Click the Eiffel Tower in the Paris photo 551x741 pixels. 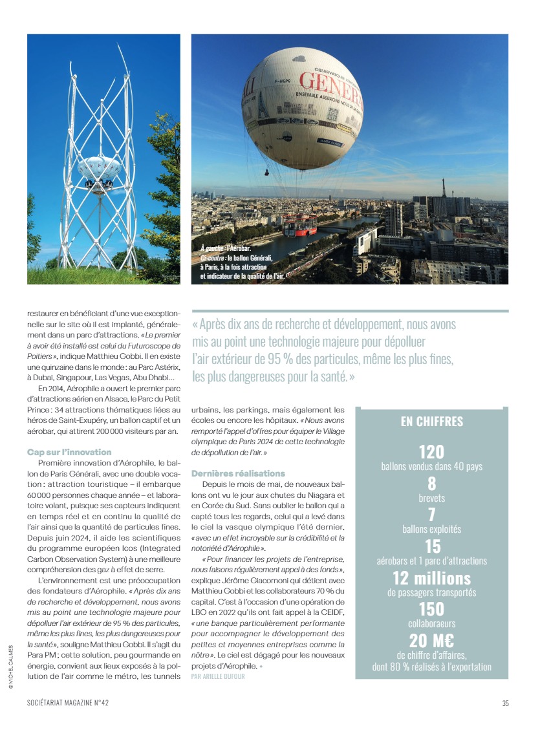click(444, 189)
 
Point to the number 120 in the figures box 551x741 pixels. click(431, 451)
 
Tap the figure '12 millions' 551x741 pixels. click(431, 577)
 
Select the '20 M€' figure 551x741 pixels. click(431, 640)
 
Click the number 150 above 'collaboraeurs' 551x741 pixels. click(431, 609)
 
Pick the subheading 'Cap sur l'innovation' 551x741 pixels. click(69, 452)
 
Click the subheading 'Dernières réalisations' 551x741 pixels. click(238, 473)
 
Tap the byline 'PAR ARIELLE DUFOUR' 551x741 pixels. click(218, 676)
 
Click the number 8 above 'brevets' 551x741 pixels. click(431, 483)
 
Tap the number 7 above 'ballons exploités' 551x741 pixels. click(431, 515)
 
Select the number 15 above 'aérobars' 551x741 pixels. click(431, 546)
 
